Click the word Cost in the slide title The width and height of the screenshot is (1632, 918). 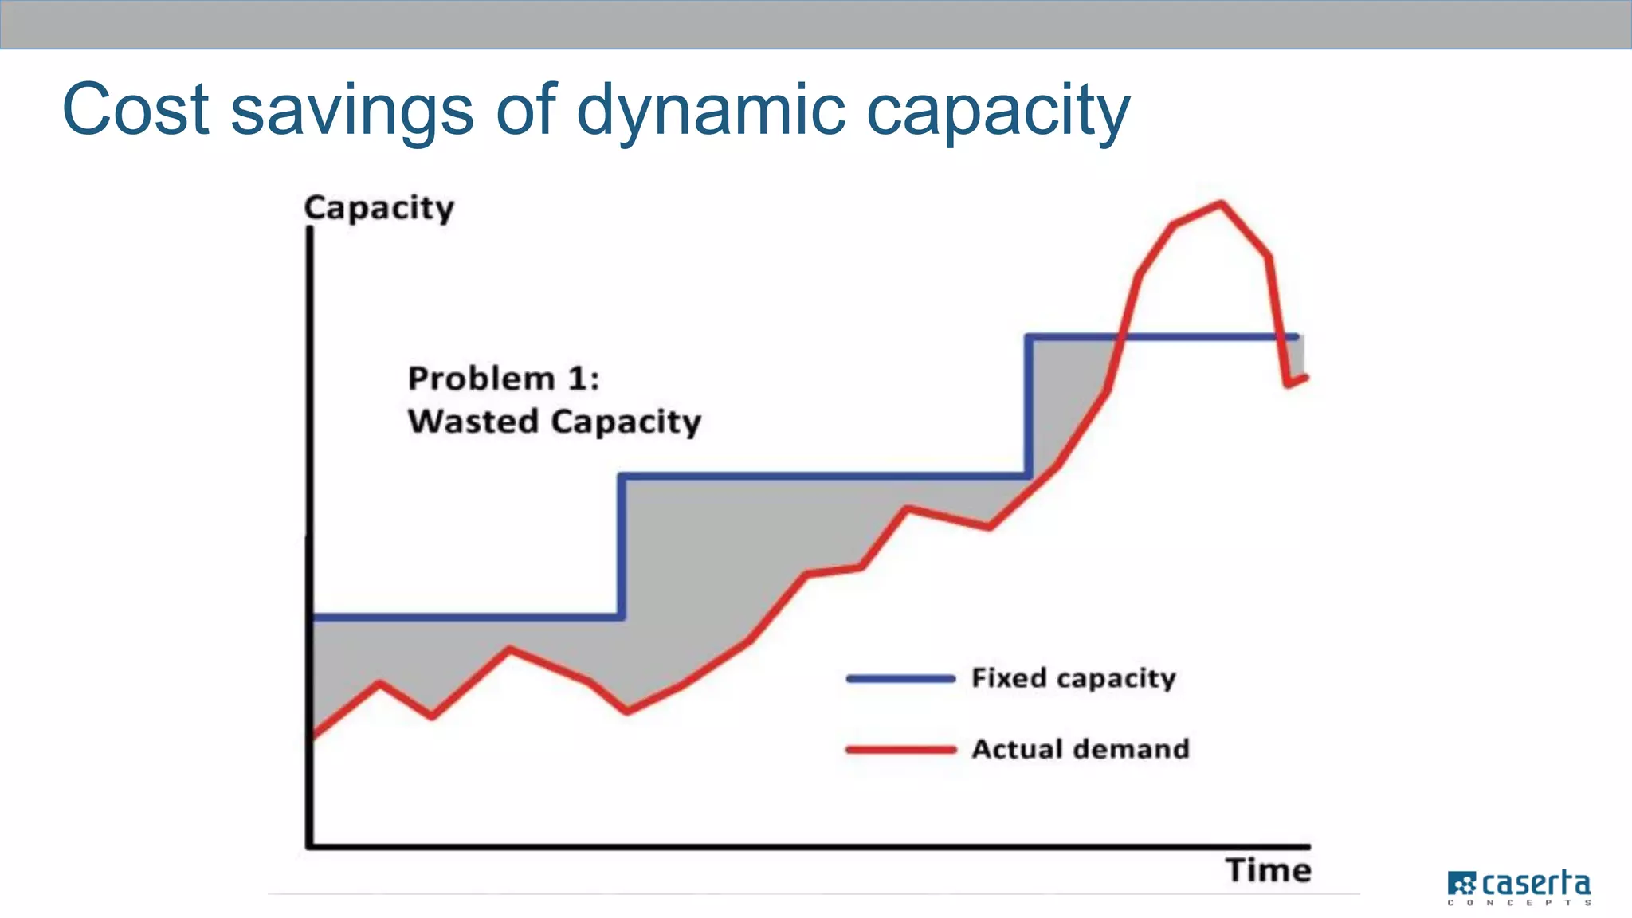point(135,110)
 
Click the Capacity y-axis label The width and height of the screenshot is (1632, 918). point(379,208)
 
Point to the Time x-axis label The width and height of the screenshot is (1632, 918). point(1268,870)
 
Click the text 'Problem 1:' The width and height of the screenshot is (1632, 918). point(503,379)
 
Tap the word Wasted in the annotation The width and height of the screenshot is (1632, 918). point(473,421)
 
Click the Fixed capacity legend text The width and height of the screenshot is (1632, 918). point(1073,678)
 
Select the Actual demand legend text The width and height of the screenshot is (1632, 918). point(1080,749)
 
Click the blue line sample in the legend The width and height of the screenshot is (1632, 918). point(900,679)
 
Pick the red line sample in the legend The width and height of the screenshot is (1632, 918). point(900,750)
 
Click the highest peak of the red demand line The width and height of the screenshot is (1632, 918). point(1221,203)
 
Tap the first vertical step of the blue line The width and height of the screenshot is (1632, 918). point(622,547)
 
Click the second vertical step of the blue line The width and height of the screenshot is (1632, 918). point(1029,406)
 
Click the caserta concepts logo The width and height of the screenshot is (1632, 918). point(1520,888)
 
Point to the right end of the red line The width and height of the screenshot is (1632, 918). point(1305,377)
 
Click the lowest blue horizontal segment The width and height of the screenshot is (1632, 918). point(466,617)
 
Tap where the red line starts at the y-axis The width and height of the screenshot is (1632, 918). point(314,735)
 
